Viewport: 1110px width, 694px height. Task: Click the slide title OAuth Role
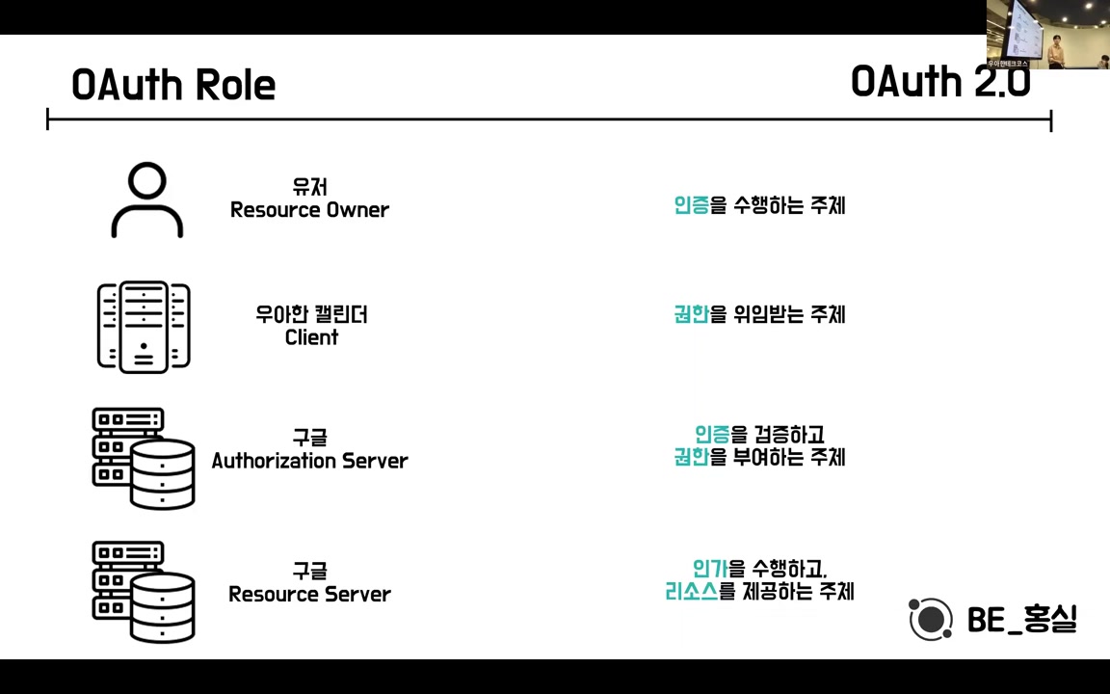(173, 85)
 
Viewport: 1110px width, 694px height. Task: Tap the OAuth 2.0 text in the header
(939, 82)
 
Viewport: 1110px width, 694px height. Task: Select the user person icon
(146, 200)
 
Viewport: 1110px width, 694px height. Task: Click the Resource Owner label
(309, 210)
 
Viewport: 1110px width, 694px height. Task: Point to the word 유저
(310, 187)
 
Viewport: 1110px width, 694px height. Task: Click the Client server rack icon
(144, 326)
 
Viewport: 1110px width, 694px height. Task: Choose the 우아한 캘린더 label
(311, 314)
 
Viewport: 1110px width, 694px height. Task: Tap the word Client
(311, 337)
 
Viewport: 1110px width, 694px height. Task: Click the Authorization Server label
(309, 461)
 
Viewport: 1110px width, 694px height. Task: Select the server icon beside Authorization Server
(144, 459)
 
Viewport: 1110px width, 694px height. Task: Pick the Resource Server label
(309, 594)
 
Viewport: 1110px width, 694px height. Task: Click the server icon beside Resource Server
(144, 592)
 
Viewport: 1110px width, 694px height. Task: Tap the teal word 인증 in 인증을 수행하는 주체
(691, 205)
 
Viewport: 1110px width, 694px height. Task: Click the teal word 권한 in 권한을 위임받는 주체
(691, 314)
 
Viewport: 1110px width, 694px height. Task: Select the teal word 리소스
(691, 591)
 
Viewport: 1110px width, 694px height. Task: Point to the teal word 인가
(709, 569)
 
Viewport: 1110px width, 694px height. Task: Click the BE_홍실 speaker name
(1021, 619)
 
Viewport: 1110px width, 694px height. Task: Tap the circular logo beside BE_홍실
(930, 619)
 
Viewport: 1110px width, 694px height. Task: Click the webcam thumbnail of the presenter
(1047, 34)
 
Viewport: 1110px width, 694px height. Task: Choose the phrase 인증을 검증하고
(759, 435)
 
